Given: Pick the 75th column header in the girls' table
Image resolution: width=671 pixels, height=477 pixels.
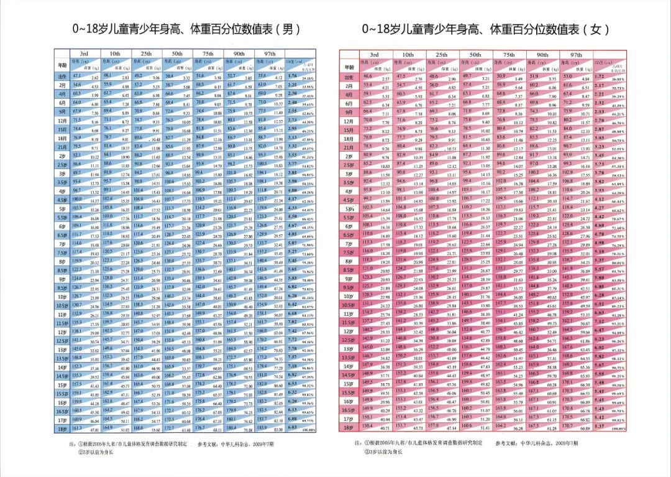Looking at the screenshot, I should coord(508,55).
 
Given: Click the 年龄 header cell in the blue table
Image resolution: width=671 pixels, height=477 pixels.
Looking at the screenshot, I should coord(62,65).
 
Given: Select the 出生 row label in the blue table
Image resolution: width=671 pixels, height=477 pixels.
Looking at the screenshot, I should coord(62,76).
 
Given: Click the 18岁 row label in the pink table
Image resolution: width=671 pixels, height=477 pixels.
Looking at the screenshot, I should coord(349,427).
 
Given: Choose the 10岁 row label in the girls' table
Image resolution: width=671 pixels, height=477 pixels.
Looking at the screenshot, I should coord(349,296).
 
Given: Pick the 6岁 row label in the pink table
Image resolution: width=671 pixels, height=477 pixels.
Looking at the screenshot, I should coord(349,226).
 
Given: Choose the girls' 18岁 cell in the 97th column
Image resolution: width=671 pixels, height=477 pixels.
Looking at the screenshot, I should coord(576,427).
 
